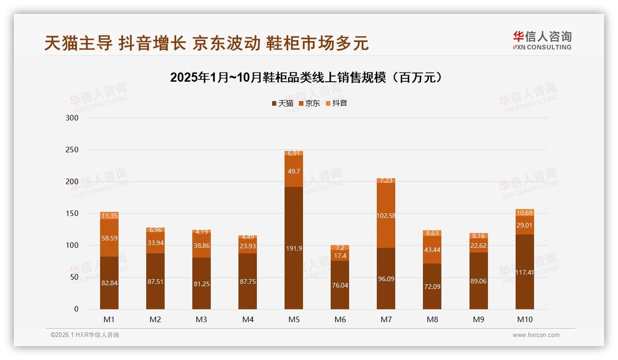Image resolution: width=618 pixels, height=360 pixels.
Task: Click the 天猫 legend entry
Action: [x=282, y=103]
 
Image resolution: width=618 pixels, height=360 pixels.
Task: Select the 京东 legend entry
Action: [x=309, y=103]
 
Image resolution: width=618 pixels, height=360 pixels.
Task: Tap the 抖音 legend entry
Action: [x=337, y=103]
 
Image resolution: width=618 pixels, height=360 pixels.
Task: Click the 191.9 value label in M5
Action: [x=294, y=248]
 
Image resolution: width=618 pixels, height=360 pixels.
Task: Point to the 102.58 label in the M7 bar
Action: [x=386, y=216]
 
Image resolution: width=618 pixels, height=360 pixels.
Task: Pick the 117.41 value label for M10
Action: [x=524, y=272]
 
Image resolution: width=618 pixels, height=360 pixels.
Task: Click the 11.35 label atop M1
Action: [x=109, y=216]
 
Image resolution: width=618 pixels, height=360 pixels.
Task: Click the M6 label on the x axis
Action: [x=340, y=319]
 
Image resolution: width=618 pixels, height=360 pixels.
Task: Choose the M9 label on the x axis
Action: [x=478, y=319]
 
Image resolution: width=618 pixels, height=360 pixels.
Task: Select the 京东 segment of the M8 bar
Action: [x=432, y=250]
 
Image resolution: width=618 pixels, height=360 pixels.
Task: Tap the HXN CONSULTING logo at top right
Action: [x=542, y=41]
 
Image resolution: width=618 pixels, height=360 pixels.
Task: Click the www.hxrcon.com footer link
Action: [x=536, y=335]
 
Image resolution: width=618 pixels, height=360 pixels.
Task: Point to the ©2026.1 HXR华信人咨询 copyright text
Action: [x=85, y=335]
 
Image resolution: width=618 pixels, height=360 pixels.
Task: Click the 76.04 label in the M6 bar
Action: [x=340, y=285]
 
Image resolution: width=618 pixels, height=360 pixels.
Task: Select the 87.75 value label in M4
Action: [x=248, y=282]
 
